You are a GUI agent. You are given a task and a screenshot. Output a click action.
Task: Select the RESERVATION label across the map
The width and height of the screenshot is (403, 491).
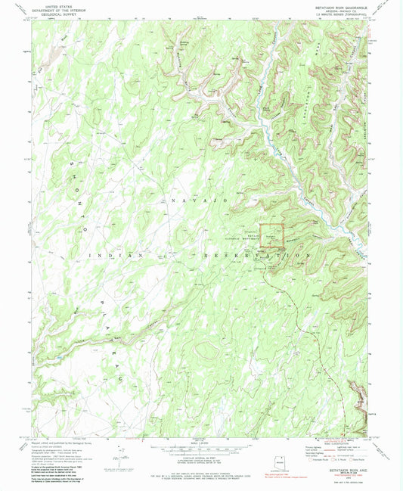pos(256,257)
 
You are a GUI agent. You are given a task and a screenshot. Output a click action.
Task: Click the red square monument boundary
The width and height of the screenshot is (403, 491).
pos(273,234)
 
